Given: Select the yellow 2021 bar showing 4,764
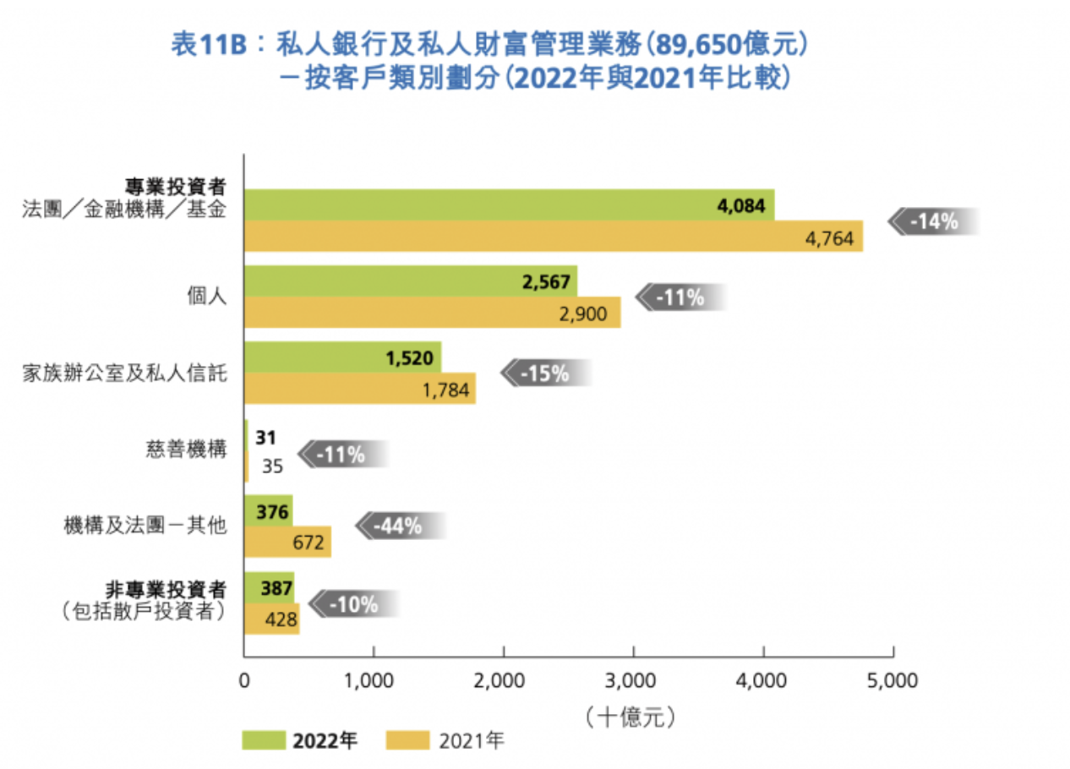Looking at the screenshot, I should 553,237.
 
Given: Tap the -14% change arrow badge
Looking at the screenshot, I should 932,222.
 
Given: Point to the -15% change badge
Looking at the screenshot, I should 545,374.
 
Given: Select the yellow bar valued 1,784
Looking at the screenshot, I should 359,390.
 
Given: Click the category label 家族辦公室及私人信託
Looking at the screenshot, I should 124,374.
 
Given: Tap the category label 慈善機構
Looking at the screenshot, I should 187,450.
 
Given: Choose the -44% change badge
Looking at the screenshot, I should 399,526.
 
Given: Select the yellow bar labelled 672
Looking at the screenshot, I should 287,542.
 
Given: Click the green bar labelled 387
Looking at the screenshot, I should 268,587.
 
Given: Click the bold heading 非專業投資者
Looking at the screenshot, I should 177,587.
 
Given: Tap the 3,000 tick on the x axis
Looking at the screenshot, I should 633,681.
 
